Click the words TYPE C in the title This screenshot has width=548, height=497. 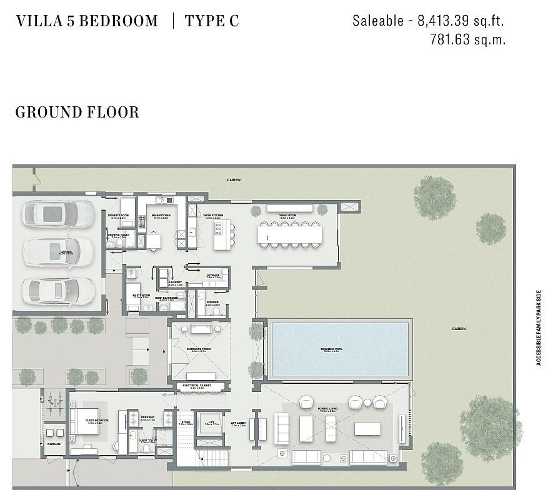(x=212, y=21)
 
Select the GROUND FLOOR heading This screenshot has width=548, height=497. (x=77, y=113)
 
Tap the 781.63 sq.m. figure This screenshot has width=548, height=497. (x=467, y=39)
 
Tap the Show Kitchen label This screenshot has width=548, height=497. (x=213, y=215)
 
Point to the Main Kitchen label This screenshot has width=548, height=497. (x=161, y=215)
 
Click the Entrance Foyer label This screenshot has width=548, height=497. (x=198, y=349)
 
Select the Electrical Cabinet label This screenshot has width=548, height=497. (x=196, y=386)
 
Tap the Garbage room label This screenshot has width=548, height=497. (x=54, y=444)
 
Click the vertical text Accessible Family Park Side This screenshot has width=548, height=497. (x=538, y=327)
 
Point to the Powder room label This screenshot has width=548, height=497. (x=212, y=302)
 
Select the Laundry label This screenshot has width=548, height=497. (x=175, y=283)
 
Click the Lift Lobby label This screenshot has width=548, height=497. (x=238, y=422)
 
